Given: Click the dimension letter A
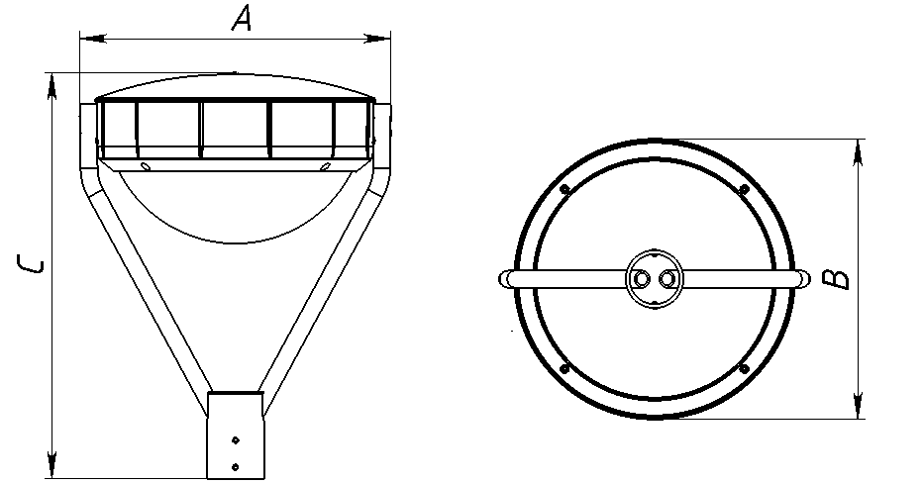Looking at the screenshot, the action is [x=242, y=19].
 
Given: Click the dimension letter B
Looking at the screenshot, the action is [x=836, y=279].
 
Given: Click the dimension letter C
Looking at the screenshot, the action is [x=31, y=264].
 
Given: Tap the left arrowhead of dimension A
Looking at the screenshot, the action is [x=93, y=39].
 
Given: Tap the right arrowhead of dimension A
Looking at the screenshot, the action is [x=377, y=39].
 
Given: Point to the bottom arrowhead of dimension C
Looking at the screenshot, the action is [x=52, y=465].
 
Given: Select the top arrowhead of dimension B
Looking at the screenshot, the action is [x=859, y=152].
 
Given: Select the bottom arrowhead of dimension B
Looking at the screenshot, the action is [x=859, y=405].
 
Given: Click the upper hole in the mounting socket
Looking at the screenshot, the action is [x=236, y=439].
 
